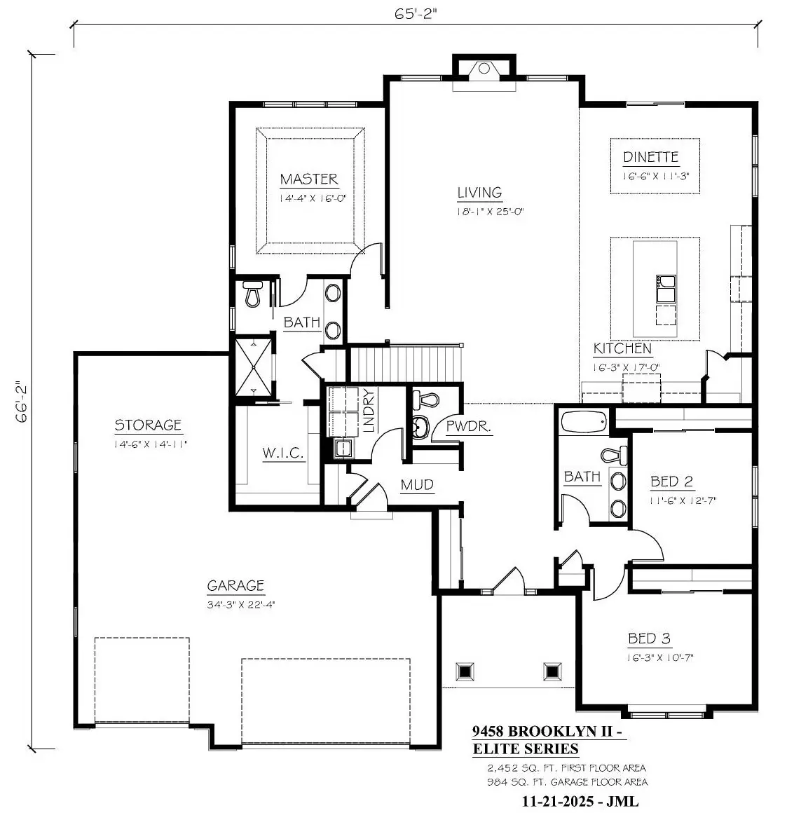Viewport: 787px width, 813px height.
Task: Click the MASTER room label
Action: coord(309,179)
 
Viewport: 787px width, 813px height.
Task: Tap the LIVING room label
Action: coord(479,193)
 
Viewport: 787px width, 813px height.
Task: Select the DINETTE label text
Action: coord(650,157)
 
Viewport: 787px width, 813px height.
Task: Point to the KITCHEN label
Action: coord(622,348)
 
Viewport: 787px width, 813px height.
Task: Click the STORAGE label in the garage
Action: coord(148,425)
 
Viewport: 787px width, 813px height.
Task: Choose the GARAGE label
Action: coord(236,586)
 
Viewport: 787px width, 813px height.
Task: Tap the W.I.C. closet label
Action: coord(283,453)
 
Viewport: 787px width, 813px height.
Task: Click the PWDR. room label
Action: coord(469,428)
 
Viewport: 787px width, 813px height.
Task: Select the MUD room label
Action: coord(418,485)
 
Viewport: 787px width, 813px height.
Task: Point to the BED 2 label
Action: coord(672,481)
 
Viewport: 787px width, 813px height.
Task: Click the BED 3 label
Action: coord(649,638)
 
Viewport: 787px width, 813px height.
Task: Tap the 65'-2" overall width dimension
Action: coord(416,14)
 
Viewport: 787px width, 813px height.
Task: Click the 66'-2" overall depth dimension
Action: coord(22,402)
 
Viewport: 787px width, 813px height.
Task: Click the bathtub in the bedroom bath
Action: coord(584,421)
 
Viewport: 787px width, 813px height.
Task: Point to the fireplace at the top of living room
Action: coord(484,69)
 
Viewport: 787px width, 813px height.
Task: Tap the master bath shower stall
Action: coord(254,367)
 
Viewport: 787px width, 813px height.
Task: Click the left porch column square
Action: coord(465,671)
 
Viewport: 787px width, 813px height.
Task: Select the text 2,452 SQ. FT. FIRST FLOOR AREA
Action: coord(567,768)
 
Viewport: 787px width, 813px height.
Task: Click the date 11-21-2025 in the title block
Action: coord(557,801)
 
